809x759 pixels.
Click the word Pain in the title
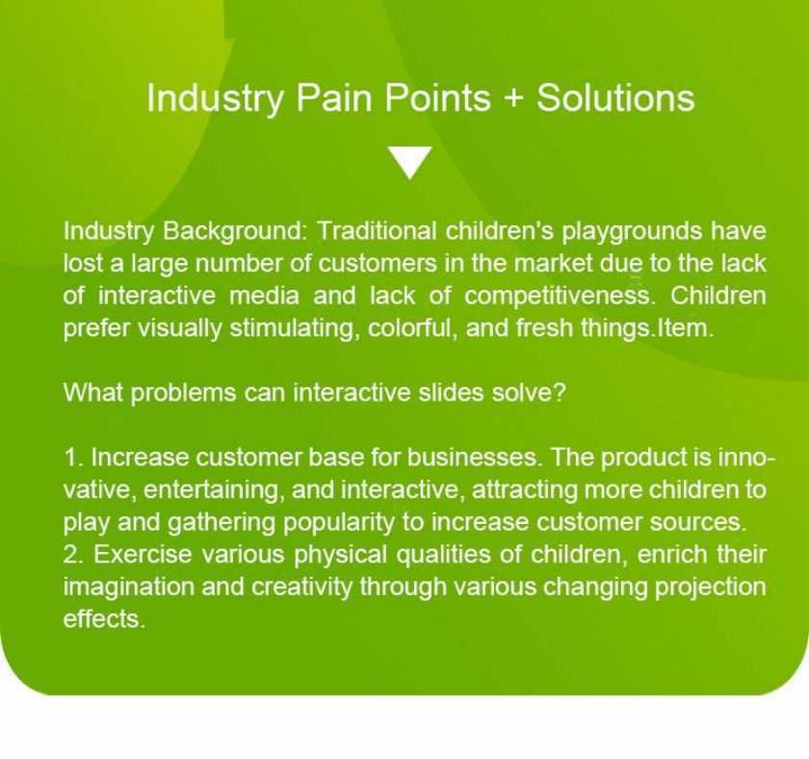[333, 97]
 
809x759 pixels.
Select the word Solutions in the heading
[615, 97]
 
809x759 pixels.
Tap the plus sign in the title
[513, 98]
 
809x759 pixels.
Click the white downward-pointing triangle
[410, 163]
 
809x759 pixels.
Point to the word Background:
[235, 231]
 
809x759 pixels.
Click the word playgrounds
[631, 231]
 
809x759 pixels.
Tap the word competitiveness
[558, 296]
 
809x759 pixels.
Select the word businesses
[475, 458]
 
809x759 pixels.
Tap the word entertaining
[214, 490]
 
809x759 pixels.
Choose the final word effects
[104, 618]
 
